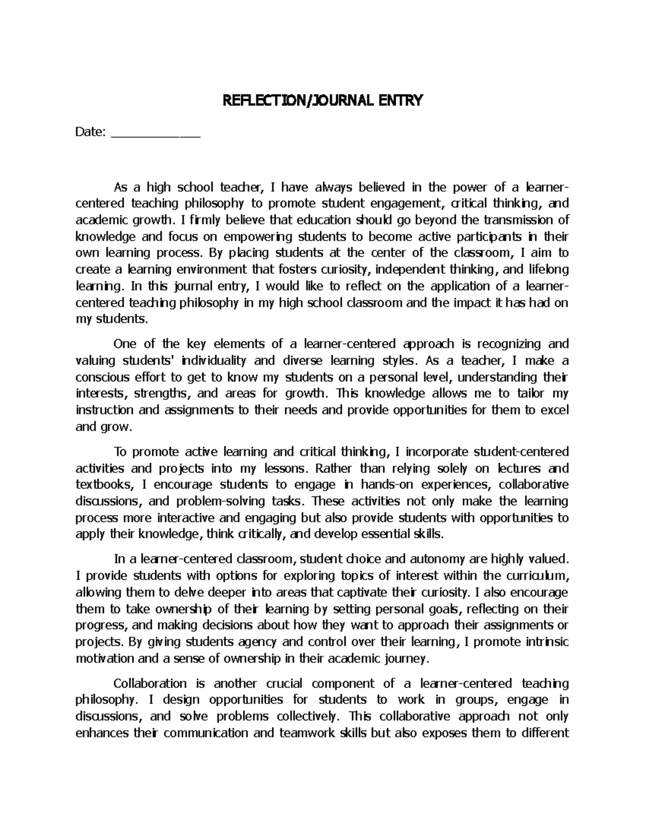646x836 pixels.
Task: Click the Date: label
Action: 91,132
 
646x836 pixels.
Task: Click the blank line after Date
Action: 155,134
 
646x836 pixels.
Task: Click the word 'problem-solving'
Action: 221,502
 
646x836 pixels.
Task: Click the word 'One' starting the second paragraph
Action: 124,344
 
